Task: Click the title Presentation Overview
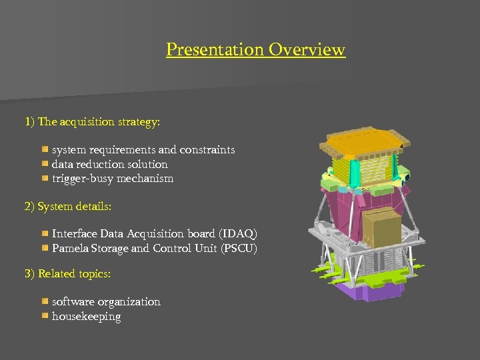[x=255, y=50]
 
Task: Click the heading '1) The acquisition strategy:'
[x=92, y=122]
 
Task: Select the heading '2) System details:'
[x=68, y=207]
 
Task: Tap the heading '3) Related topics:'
[x=67, y=274]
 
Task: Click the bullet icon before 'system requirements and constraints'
[x=45, y=150]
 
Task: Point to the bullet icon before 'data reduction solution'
[x=45, y=164]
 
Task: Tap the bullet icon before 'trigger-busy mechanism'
[x=45, y=179]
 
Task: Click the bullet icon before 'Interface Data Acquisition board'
[x=45, y=234]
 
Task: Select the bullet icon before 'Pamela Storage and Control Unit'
[x=45, y=248]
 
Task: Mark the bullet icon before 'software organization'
[x=45, y=302]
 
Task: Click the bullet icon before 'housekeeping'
[x=45, y=317]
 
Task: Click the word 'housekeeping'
[x=87, y=317]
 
